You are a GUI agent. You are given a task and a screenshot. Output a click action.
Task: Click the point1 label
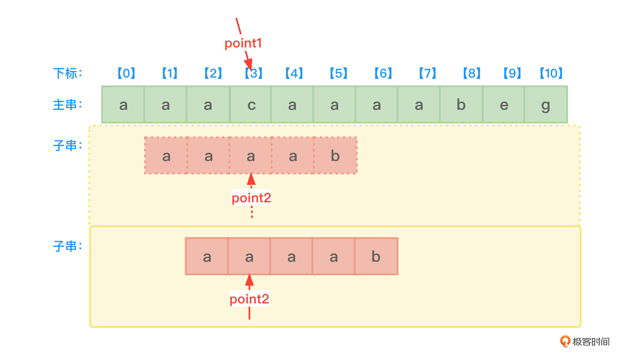pyautogui.click(x=243, y=43)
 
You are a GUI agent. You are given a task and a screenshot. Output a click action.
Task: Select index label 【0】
pyautogui.click(x=126, y=73)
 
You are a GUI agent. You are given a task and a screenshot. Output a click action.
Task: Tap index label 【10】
pyautogui.click(x=551, y=73)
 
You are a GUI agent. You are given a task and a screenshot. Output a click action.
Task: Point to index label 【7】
pyautogui.click(x=427, y=73)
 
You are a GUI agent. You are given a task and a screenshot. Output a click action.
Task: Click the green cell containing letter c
pyautogui.click(x=251, y=105)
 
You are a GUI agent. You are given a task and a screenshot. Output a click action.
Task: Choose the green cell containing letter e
pyautogui.click(x=503, y=105)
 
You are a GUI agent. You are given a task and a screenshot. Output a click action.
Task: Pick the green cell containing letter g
pyautogui.click(x=546, y=105)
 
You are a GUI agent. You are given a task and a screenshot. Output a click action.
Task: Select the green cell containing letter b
pyautogui.click(x=461, y=105)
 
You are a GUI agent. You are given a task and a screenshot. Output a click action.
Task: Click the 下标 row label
pyautogui.click(x=67, y=73)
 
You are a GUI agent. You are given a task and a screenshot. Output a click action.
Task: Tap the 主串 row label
pyautogui.click(x=67, y=105)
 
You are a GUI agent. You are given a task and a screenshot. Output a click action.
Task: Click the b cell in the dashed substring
pyautogui.click(x=335, y=156)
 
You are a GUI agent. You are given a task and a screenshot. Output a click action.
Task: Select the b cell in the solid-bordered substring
pyautogui.click(x=376, y=256)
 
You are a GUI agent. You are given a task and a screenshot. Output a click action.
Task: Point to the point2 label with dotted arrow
pyautogui.click(x=251, y=198)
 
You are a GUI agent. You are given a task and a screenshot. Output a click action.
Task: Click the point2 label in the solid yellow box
pyautogui.click(x=249, y=299)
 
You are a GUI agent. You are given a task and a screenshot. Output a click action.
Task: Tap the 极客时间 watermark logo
pyautogui.click(x=585, y=341)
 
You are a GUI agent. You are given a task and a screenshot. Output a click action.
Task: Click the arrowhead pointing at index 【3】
pyautogui.click(x=249, y=65)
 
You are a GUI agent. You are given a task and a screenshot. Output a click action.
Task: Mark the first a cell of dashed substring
pyautogui.click(x=166, y=156)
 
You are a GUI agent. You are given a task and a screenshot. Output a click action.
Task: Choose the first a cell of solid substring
pyautogui.click(x=207, y=256)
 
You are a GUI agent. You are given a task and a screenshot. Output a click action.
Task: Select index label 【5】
pyautogui.click(x=338, y=73)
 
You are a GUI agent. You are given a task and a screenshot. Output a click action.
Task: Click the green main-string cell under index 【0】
pyautogui.click(x=123, y=105)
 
